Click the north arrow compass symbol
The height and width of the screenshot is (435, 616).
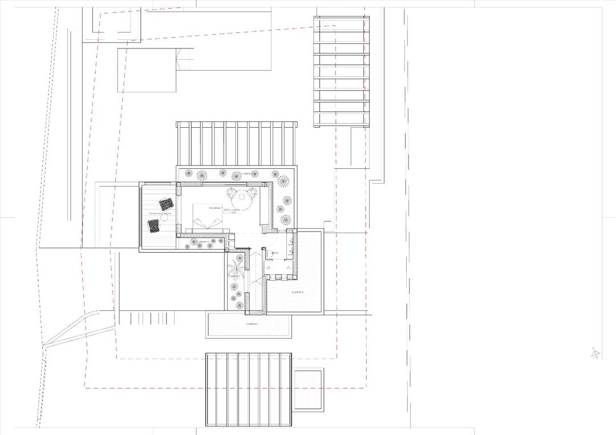595,353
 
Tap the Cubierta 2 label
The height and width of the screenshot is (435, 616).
298,291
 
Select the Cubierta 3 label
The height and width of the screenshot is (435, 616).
252,324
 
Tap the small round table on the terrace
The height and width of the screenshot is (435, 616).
164,217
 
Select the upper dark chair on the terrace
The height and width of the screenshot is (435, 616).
166,204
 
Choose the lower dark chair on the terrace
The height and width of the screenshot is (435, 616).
155,226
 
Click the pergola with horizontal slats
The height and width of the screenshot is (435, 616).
341,71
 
